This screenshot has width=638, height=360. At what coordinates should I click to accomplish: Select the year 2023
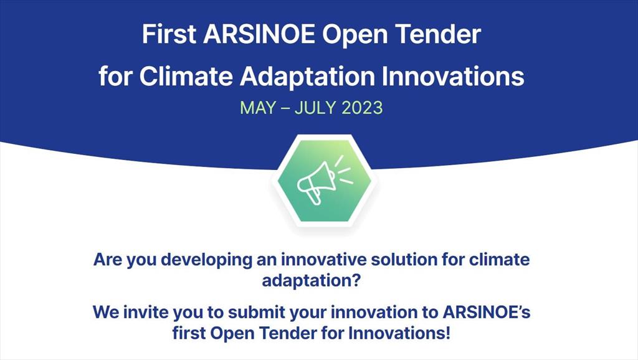coord(362,108)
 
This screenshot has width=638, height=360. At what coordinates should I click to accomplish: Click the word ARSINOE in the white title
coord(259,34)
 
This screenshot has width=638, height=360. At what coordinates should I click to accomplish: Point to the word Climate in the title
coord(186,76)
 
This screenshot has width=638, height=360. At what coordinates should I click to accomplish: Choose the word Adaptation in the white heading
coord(307,77)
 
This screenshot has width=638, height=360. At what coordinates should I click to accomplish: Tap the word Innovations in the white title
coord(453,76)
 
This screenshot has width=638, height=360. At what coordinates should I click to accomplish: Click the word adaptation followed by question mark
coord(312,281)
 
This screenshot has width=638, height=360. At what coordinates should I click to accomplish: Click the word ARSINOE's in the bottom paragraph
coord(487,313)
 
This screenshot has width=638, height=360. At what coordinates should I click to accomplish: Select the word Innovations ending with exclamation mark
coord(399,333)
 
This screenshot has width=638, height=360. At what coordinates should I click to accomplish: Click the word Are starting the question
coord(108,260)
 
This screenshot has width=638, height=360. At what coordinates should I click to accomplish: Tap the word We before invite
coord(105,313)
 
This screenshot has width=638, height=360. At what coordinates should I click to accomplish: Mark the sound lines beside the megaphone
coord(343,169)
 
